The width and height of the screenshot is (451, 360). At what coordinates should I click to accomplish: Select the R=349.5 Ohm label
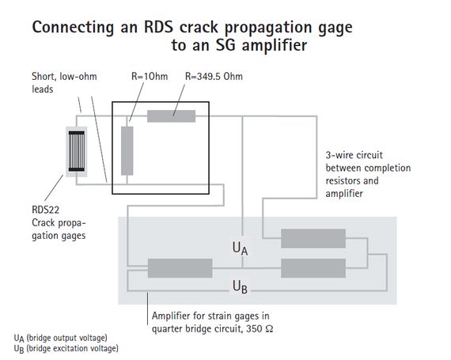214,78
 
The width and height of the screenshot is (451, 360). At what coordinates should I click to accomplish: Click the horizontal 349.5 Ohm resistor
171,117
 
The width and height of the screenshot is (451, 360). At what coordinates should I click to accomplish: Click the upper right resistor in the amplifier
313,237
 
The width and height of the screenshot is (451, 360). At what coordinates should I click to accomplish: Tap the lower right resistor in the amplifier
313,267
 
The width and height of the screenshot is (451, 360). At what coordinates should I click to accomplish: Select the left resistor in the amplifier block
175,267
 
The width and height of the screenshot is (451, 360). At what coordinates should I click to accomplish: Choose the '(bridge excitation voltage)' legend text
72,348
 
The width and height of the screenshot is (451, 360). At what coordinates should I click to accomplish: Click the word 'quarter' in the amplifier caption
172,325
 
